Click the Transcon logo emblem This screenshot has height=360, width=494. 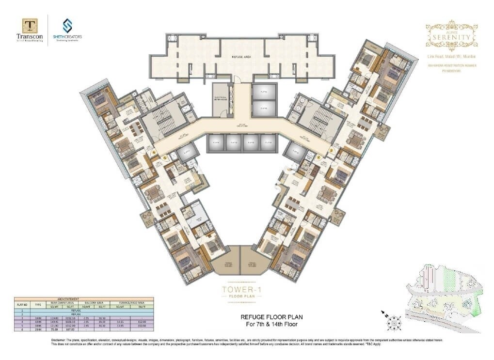pyautogui.click(x=30, y=26)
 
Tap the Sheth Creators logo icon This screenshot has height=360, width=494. pyautogui.click(x=67, y=25)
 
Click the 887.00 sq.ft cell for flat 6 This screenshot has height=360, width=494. pyautogui.click(x=70, y=330)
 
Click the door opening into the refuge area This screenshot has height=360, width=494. pyautogui.click(x=236, y=79)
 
